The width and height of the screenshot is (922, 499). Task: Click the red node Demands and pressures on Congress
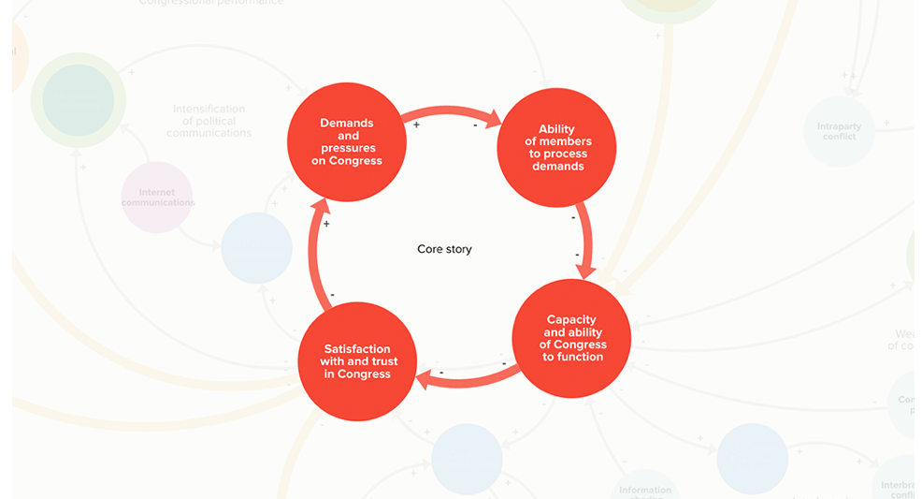tap(347, 141)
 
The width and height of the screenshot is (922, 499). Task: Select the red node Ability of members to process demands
tap(556, 148)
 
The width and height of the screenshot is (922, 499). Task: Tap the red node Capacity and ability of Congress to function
tap(572, 338)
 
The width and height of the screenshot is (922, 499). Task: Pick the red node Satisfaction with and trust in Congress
tap(358, 361)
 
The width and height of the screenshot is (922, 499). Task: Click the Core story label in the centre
tap(444, 249)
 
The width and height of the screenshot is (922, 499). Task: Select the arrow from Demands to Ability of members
tap(452, 114)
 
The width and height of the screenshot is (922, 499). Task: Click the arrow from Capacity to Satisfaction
tap(468, 377)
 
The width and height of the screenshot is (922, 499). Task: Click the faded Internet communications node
tap(157, 197)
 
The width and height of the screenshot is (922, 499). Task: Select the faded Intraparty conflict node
tap(839, 131)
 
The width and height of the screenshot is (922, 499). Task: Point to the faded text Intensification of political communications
tap(209, 121)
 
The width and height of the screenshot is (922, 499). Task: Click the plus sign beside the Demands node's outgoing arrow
tap(416, 125)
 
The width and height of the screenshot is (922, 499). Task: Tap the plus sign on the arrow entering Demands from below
tap(326, 225)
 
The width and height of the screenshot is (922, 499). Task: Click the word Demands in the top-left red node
tap(346, 123)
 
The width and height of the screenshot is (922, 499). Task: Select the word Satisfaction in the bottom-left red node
tap(357, 349)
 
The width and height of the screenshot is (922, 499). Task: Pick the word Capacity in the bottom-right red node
tap(571, 319)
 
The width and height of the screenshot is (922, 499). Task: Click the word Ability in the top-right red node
tap(556, 129)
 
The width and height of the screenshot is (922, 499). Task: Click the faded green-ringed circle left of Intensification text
tap(79, 100)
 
